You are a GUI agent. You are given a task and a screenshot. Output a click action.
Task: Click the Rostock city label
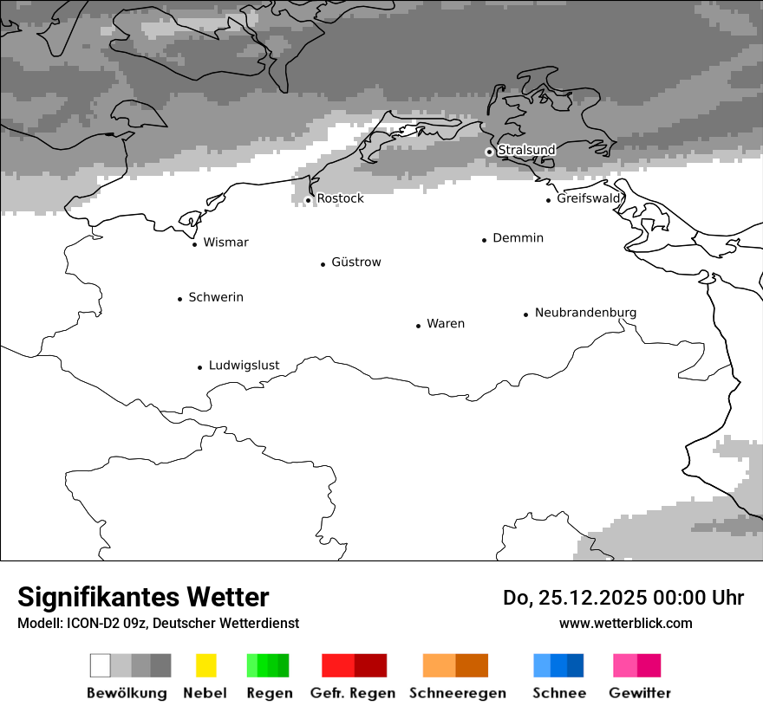click(x=340, y=198)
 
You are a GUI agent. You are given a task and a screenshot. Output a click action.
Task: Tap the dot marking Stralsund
click(x=489, y=152)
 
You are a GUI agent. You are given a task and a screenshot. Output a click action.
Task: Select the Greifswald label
click(x=589, y=198)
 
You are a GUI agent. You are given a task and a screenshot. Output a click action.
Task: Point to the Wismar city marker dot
click(x=194, y=244)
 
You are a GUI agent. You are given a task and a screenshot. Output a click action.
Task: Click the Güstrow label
click(x=355, y=262)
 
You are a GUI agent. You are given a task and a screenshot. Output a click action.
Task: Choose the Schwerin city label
click(x=216, y=297)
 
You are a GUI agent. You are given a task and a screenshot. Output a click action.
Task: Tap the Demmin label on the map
click(x=518, y=237)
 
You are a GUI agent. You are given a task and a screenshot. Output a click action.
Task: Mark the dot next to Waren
click(x=418, y=326)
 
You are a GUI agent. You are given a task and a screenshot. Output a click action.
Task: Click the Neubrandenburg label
click(x=585, y=313)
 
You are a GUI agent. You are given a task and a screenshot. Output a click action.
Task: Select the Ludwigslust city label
click(x=244, y=366)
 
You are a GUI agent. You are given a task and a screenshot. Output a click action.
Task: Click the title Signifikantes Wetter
click(x=143, y=597)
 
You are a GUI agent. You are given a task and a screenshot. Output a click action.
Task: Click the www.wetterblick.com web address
click(x=625, y=623)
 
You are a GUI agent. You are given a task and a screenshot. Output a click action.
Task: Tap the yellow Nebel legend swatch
click(x=205, y=665)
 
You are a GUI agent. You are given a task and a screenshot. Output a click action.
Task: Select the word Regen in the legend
click(x=269, y=693)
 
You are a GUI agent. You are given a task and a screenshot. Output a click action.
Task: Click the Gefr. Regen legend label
click(x=352, y=693)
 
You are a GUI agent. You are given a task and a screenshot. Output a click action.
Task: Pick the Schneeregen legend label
click(x=457, y=693)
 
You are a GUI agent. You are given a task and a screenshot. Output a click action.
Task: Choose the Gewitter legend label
click(x=639, y=693)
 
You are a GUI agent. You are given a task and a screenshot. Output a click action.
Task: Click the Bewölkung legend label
click(x=127, y=693)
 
